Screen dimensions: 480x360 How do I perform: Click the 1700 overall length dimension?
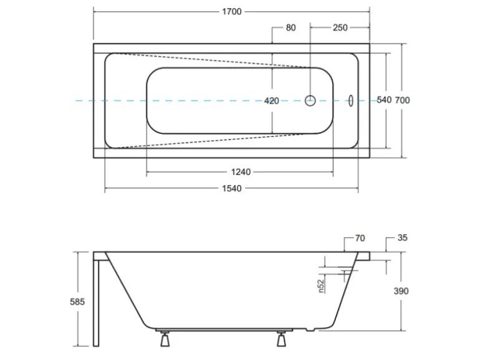click(x=232, y=12)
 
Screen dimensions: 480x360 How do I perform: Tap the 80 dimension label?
click(x=291, y=28)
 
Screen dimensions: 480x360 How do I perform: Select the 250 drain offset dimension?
click(x=340, y=28)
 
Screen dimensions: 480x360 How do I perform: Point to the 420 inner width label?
click(x=272, y=101)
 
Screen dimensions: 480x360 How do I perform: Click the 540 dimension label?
click(x=384, y=100)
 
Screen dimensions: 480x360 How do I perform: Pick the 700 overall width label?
click(x=402, y=100)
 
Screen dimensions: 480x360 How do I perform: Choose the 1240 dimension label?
click(x=241, y=172)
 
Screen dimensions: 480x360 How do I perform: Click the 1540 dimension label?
click(x=232, y=189)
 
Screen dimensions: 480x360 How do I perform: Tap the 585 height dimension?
click(x=77, y=302)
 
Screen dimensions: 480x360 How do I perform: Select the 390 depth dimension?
click(x=401, y=291)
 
